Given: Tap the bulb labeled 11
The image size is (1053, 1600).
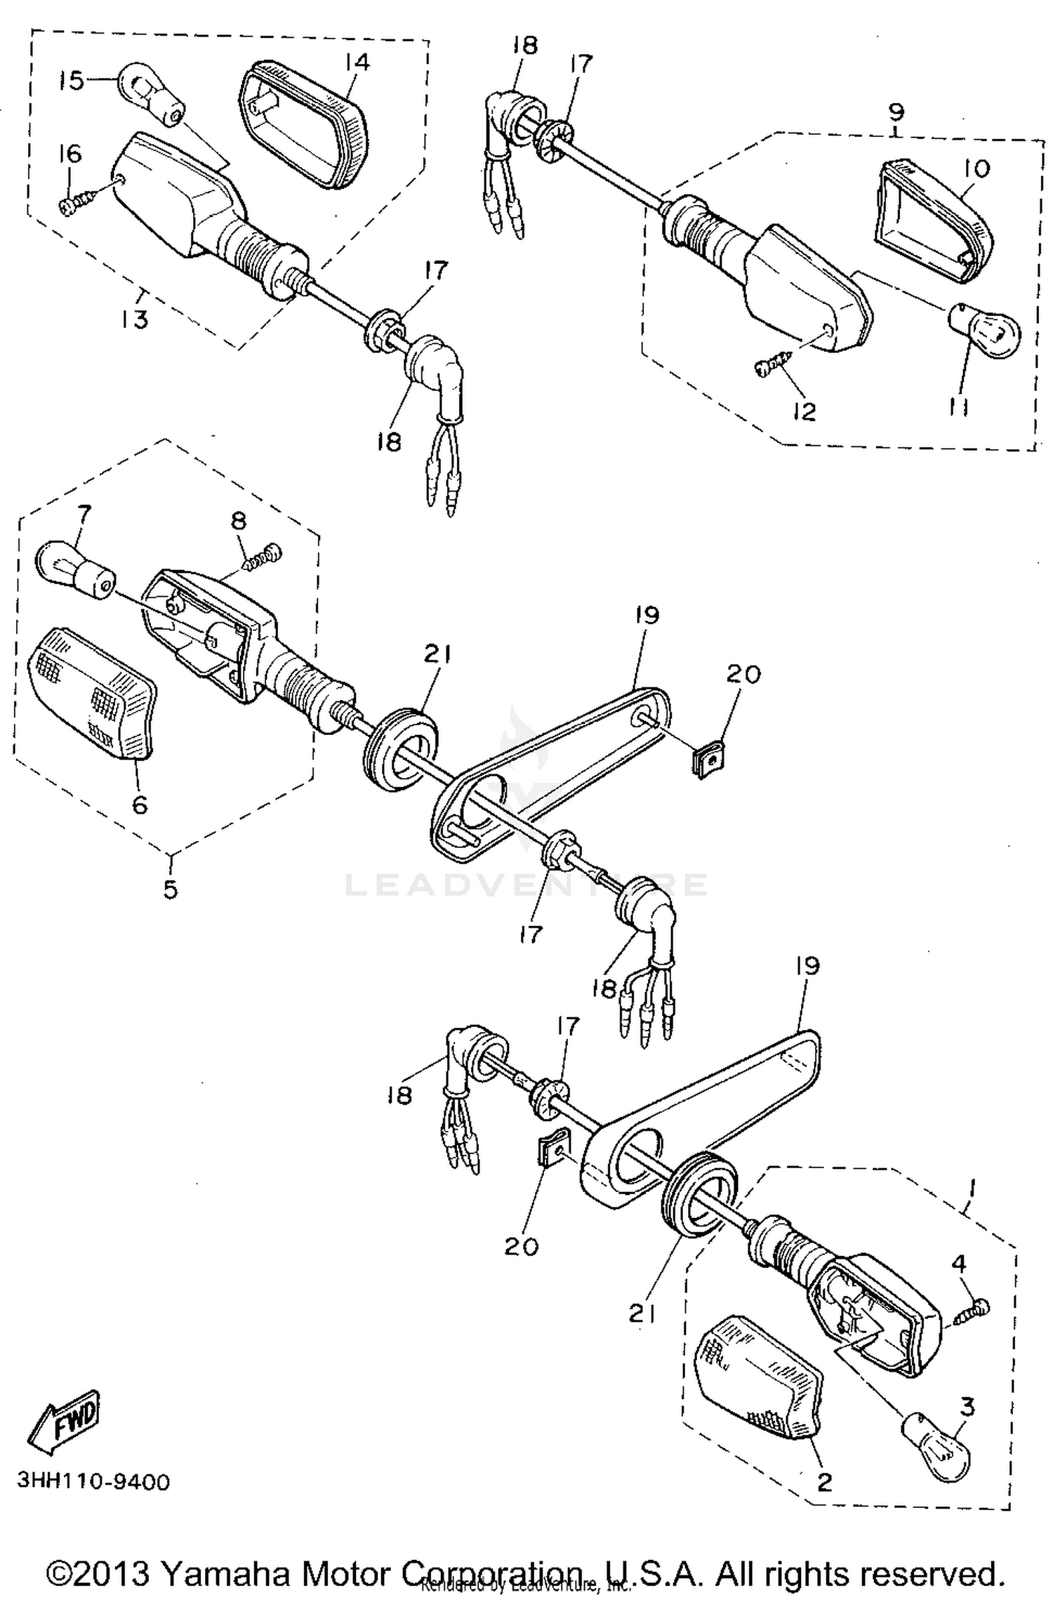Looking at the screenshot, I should click(985, 330).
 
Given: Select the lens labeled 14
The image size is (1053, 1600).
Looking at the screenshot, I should click(303, 123).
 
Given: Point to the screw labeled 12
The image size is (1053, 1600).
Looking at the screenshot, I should click(772, 364).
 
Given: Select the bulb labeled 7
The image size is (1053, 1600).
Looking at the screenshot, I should click(73, 567).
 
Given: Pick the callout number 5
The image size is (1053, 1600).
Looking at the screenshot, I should click(171, 889).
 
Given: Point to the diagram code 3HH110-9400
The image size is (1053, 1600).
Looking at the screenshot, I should click(93, 1482).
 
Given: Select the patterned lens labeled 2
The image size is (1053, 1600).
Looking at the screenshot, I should click(758, 1377).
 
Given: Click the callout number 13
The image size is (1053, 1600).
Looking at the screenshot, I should click(133, 319).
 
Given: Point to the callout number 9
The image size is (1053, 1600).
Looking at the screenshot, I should click(896, 112).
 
